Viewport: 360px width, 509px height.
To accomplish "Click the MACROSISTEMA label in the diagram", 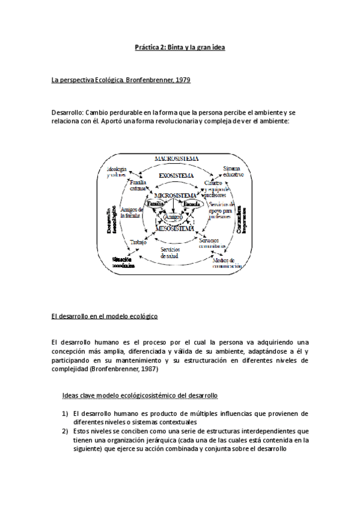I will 176,158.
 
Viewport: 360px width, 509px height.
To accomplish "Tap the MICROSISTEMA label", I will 175,196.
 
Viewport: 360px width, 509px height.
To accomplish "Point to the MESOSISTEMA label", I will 174,229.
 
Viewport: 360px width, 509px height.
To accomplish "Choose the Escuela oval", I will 193,204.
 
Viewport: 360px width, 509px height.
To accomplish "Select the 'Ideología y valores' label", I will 117,172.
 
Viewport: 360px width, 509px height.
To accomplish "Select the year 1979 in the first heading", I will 182,79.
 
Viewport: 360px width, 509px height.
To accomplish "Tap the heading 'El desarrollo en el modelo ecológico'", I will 105,315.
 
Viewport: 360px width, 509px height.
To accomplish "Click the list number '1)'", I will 66,414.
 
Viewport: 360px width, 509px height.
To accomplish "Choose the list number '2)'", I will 66,431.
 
